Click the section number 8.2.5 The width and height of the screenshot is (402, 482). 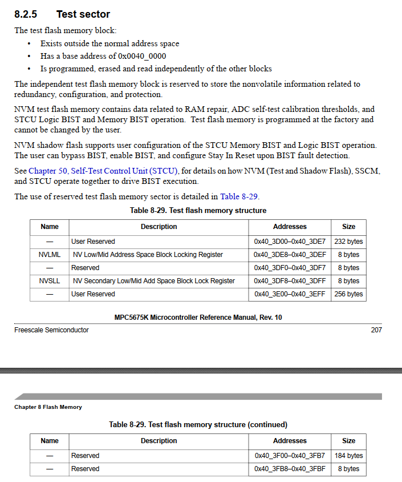(26, 14)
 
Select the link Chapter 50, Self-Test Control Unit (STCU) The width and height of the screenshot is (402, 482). (103, 171)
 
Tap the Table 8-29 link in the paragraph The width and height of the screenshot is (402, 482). (239, 196)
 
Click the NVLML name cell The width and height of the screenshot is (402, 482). (50, 255)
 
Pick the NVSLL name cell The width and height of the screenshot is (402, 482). (50, 281)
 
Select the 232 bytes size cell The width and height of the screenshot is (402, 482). (348, 242)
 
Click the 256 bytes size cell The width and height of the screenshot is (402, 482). (348, 294)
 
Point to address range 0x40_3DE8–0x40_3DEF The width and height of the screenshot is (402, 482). (290, 255)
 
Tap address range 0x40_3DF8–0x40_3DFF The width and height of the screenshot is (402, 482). (290, 281)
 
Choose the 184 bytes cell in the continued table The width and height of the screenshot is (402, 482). (348, 456)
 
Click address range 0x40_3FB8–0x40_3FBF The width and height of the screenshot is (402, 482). (290, 469)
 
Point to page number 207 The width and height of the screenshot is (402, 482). (376, 330)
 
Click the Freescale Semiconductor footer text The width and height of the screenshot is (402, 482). (51, 330)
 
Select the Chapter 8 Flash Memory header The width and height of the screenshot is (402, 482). (48, 407)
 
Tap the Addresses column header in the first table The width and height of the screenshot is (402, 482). (290, 227)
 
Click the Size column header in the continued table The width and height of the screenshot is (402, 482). (348, 441)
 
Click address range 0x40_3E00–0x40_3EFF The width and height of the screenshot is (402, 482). (290, 294)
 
